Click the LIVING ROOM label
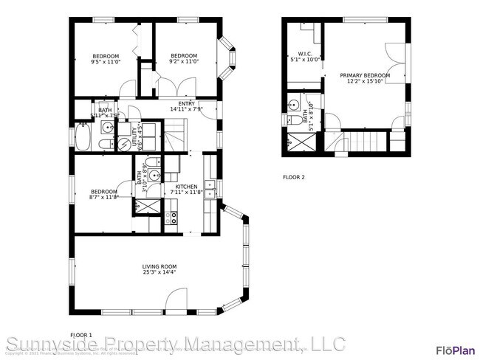coord(159,266)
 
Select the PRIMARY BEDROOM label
coord(365,75)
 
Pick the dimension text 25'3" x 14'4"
coord(159,273)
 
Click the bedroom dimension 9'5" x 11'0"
coord(105,63)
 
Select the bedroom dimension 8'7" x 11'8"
coord(104,197)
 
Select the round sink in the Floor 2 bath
coord(293,104)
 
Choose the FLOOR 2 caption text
coord(293,177)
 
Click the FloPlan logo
coord(454,350)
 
